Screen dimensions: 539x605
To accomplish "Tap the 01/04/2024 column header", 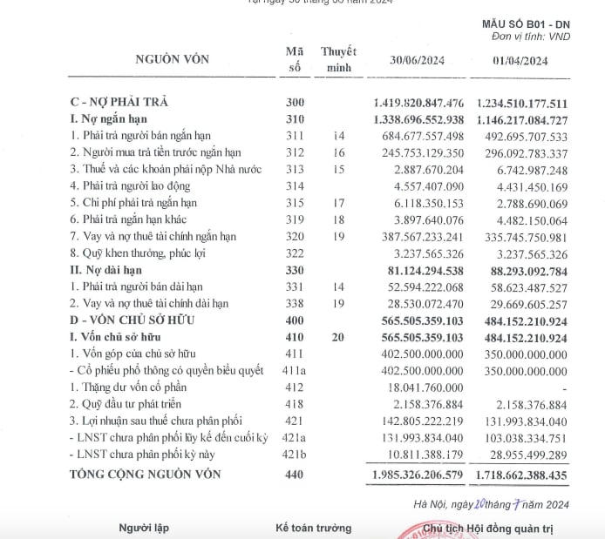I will (520, 60).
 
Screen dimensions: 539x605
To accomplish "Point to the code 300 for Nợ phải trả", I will (295, 103).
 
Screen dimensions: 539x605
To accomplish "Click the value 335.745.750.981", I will (520, 236).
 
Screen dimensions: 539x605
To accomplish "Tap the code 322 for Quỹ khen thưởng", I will (295, 253).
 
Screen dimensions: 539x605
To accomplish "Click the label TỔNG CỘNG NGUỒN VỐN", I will (146, 475).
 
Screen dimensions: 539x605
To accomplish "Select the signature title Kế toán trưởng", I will (313, 528).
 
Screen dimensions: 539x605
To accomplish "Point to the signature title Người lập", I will (145, 528).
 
